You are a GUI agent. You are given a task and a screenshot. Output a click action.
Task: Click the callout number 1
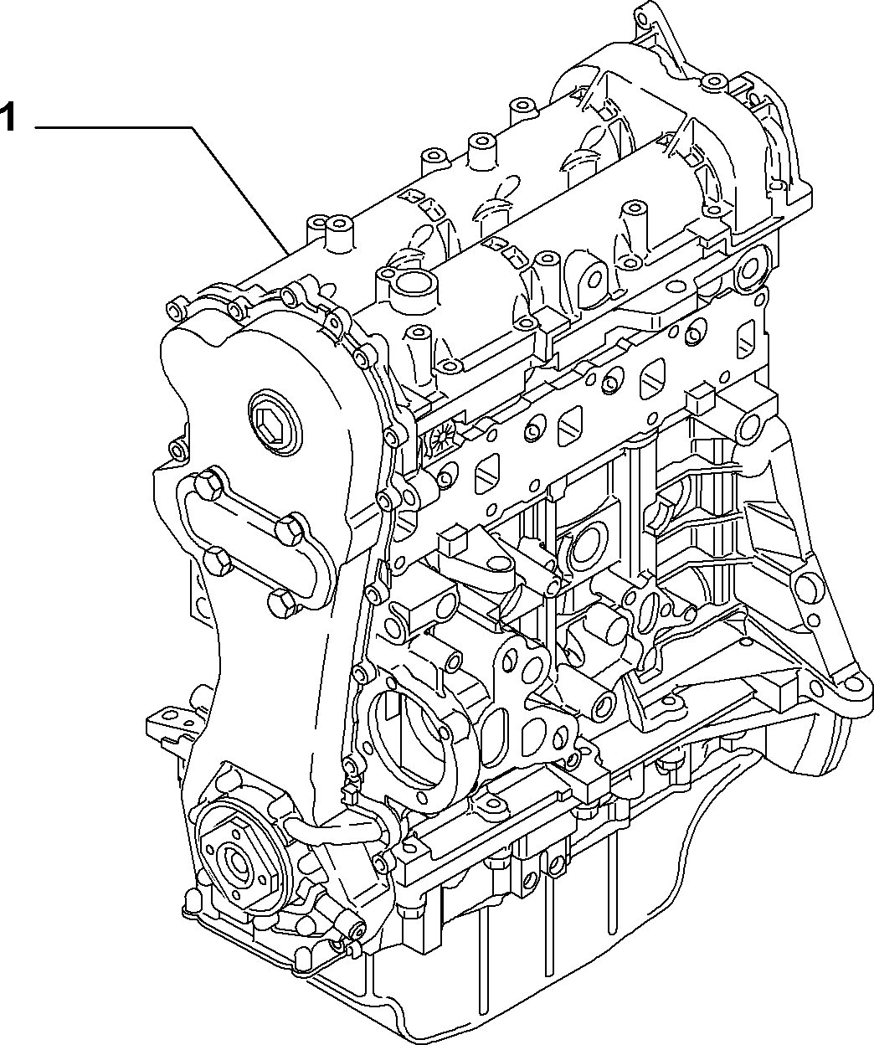click(x=7, y=117)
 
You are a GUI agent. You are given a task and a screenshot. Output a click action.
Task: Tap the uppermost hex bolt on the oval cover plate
click(x=207, y=484)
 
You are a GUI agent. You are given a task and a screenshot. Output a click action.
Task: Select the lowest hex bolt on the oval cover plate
click(x=285, y=604)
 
